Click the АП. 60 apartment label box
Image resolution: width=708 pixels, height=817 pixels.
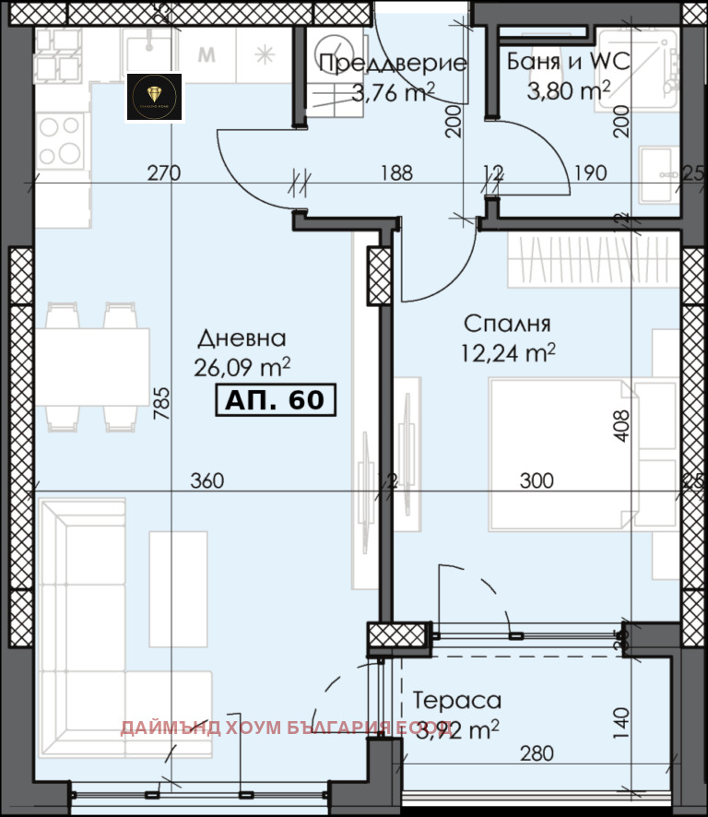click(275, 400)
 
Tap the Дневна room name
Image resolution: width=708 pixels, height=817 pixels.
click(240, 338)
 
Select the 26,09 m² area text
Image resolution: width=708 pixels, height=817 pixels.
click(242, 368)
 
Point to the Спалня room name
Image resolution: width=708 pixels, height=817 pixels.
click(507, 324)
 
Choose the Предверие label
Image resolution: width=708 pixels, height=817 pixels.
click(393, 64)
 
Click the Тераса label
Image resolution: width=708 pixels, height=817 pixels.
click(456, 700)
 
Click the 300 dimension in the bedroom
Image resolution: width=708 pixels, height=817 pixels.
click(537, 480)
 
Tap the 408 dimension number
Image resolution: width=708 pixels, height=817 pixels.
click(623, 426)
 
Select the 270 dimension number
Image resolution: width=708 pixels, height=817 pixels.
click(162, 172)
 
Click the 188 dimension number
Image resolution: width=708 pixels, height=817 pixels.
click(395, 172)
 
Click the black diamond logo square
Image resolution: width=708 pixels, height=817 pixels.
click(154, 98)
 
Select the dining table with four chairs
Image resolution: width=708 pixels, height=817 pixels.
click(92, 367)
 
